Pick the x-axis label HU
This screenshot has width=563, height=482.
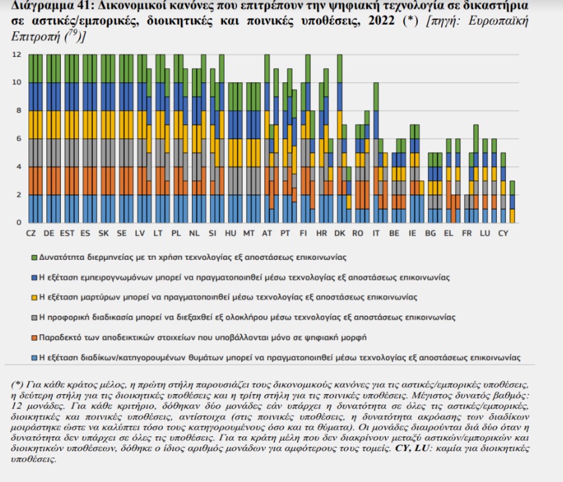click(230, 233)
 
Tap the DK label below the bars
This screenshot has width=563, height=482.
click(339, 233)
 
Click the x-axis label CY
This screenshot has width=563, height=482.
click(503, 233)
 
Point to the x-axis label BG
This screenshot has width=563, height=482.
click(430, 233)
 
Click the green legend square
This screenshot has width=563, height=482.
click(34, 256)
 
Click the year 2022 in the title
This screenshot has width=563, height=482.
click(384, 21)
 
